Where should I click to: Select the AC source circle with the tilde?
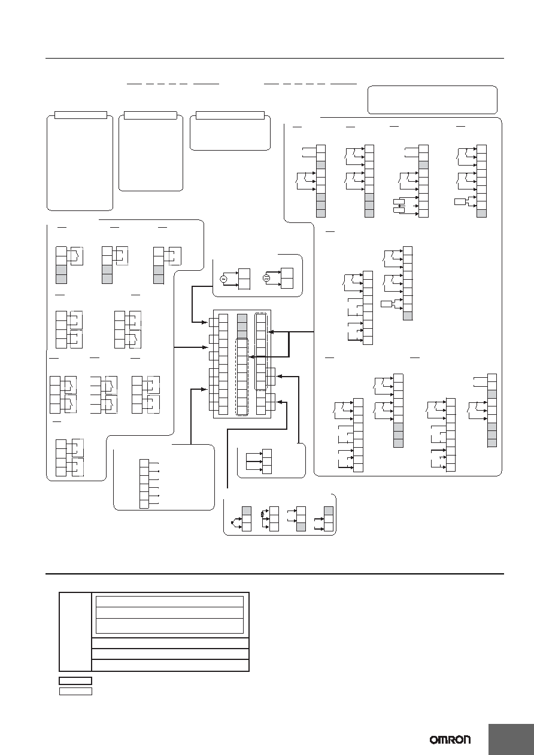[x=223, y=279]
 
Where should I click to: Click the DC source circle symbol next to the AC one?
[x=266, y=278]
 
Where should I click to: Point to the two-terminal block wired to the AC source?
[x=244, y=279]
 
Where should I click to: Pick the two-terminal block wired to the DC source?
[x=287, y=278]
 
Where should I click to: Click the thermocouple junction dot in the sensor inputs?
[x=232, y=523]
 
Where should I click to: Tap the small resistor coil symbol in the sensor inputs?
[x=263, y=514]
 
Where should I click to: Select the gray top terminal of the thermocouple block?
[x=247, y=511]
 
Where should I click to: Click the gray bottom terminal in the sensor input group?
[x=301, y=527]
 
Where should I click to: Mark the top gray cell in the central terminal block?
[x=242, y=319]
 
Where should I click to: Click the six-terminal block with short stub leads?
[x=144, y=484]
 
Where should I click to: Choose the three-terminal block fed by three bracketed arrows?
[x=267, y=461]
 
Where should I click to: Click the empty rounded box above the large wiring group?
[x=432, y=100]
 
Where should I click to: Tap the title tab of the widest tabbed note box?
[x=230, y=115]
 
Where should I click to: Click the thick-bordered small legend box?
[x=75, y=681]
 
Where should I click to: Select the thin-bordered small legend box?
[x=75, y=691]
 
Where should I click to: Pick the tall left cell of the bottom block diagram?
[x=75, y=632]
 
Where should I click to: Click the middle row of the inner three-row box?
[x=170, y=613]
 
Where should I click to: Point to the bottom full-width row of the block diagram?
[x=171, y=665]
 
